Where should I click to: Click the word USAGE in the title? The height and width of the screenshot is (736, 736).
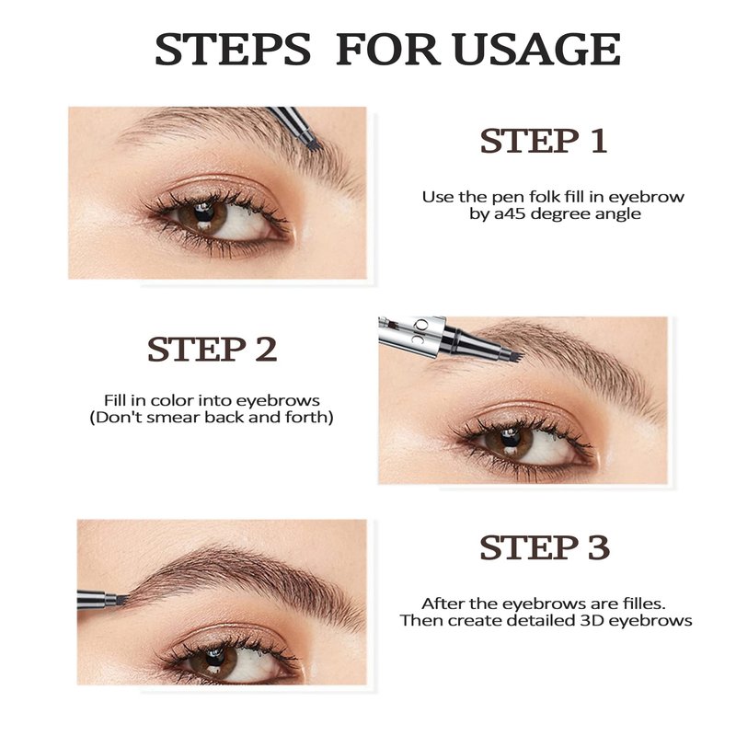(x=537, y=49)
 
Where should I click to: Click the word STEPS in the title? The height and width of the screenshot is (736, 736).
(x=233, y=49)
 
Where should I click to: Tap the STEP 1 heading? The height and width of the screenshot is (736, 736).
(x=544, y=141)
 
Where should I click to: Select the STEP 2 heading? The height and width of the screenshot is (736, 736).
(x=213, y=350)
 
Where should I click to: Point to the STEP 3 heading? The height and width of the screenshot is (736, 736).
(x=545, y=547)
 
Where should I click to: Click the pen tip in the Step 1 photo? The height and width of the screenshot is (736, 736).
(x=311, y=145)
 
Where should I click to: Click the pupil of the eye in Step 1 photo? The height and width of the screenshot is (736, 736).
(x=204, y=212)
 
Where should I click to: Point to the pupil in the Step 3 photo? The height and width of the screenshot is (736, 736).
(x=215, y=657)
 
